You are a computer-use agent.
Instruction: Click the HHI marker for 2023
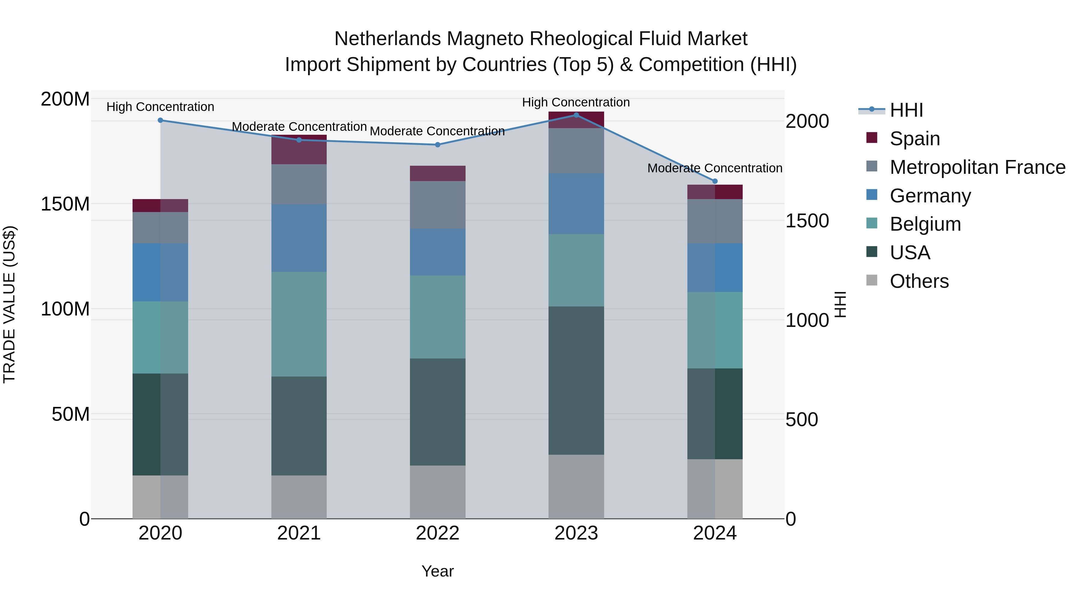point(576,115)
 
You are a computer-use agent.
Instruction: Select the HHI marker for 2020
point(160,120)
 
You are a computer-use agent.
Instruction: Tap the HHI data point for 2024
point(715,181)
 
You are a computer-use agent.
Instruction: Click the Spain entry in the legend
point(914,139)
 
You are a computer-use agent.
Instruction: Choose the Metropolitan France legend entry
point(977,167)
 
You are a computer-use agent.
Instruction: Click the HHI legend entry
point(906,110)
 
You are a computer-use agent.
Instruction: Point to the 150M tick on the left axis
point(65,204)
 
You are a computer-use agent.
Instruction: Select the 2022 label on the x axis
point(437,533)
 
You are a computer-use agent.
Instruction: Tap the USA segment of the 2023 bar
point(576,380)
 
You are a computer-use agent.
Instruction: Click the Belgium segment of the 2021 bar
point(299,324)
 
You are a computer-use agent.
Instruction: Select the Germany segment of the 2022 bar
point(437,252)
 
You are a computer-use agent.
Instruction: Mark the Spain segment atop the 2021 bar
point(299,150)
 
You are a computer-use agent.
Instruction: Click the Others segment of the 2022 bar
point(437,492)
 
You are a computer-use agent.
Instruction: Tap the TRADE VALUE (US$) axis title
point(9,304)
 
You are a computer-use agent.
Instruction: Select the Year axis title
point(437,571)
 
